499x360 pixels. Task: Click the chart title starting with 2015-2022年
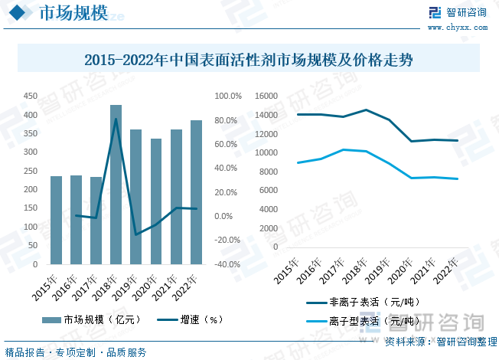249,60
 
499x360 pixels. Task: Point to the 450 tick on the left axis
31,97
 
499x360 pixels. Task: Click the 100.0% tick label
228,97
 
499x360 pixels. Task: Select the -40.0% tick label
228,264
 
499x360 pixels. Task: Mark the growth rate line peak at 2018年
116,119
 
